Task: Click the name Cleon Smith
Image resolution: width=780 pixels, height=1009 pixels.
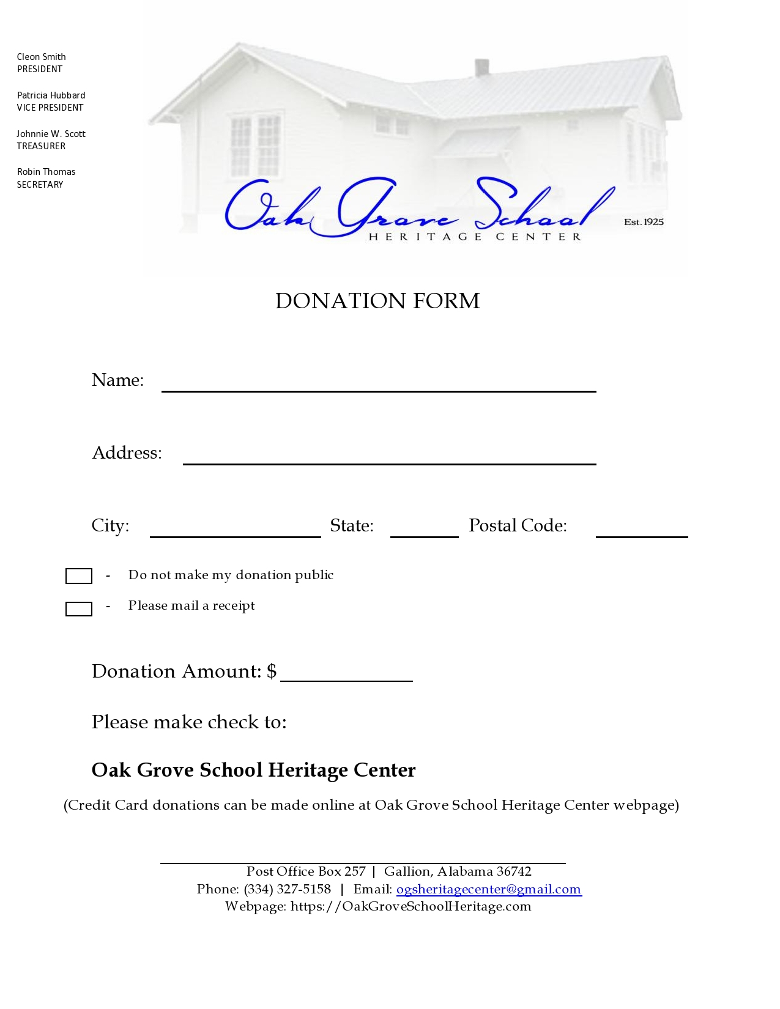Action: pyautogui.click(x=41, y=57)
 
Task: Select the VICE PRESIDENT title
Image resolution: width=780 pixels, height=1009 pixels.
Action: pyautogui.click(x=50, y=108)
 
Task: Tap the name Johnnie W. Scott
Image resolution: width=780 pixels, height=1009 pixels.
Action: pyautogui.click(x=51, y=134)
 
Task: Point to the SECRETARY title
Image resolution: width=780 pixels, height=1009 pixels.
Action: pyautogui.click(x=40, y=185)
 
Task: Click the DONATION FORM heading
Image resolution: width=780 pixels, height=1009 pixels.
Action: pyautogui.click(x=377, y=301)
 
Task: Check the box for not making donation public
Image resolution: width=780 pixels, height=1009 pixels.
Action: pyautogui.click(x=79, y=576)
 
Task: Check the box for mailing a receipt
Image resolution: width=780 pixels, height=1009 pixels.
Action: pyautogui.click(x=79, y=609)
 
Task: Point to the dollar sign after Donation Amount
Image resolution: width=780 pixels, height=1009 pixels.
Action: pyautogui.click(x=272, y=671)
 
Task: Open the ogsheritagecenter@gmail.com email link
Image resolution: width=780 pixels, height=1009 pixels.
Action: pyautogui.click(x=489, y=889)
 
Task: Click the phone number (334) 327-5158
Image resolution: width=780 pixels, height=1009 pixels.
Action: pyautogui.click(x=287, y=889)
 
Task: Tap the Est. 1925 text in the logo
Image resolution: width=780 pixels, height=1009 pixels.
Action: pyautogui.click(x=644, y=222)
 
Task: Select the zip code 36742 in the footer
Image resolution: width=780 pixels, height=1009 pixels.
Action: pyautogui.click(x=514, y=871)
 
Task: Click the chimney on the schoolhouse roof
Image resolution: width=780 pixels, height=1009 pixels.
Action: pyautogui.click(x=482, y=67)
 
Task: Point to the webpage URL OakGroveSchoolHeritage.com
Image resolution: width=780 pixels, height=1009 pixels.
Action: pyautogui.click(x=410, y=906)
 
